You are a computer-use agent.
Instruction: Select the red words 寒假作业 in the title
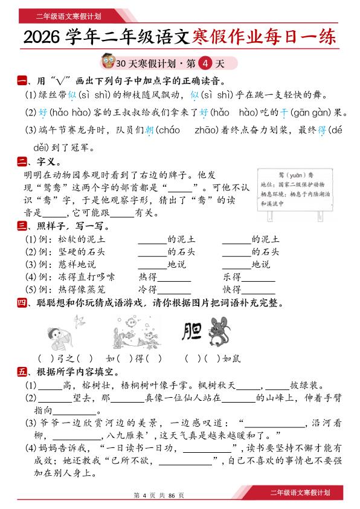pyautogui.click(x=230, y=37)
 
